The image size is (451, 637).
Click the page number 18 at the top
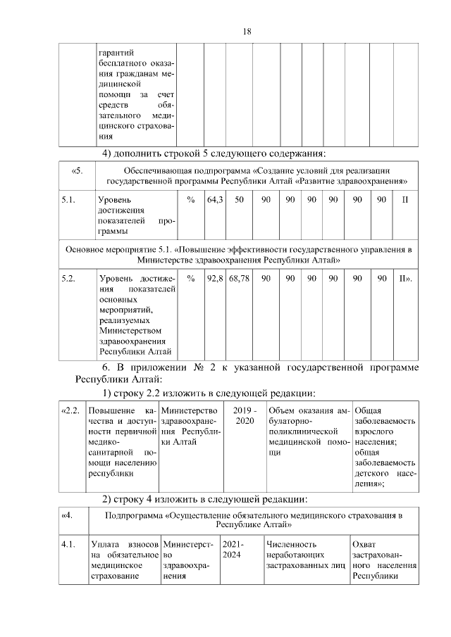247,32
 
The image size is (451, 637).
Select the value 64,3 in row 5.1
215,201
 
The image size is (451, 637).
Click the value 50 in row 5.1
240,201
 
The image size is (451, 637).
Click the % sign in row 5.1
191,201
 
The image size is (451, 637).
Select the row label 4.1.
68,544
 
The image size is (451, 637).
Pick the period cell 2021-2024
231,549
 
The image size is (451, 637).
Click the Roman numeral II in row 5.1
404,201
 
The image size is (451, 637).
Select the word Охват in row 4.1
365,544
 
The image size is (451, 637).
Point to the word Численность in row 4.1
292,544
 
